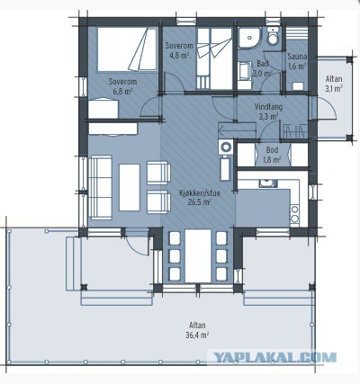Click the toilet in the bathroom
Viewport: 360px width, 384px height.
pyautogui.click(x=273, y=35)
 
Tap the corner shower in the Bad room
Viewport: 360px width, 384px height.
pyautogui.click(x=250, y=38)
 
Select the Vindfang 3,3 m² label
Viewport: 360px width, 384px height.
pyautogui.click(x=268, y=112)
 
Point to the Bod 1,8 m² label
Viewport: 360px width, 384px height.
pyautogui.click(x=272, y=155)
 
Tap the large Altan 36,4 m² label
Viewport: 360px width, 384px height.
pyautogui.click(x=197, y=330)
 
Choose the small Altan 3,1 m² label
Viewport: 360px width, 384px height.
pyautogui.click(x=334, y=84)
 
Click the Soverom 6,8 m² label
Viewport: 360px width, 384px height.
pyautogui.click(x=122, y=86)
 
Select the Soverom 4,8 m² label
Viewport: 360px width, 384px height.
pyautogui.click(x=179, y=50)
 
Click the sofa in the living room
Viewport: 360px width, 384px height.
pyautogui.click(x=100, y=187)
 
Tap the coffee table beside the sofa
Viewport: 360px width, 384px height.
pyautogui.click(x=130, y=187)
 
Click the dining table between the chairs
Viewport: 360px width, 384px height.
pyautogui.click(x=198, y=255)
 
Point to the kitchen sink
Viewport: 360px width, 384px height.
pyautogui.click(x=268, y=183)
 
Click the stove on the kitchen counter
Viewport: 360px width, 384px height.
pyautogui.click(x=295, y=215)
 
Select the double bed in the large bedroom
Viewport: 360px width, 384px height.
pyautogui.click(x=127, y=49)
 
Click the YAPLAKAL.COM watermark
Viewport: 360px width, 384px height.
pyautogui.click(x=274, y=358)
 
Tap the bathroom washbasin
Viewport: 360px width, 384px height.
pyautogui.click(x=246, y=71)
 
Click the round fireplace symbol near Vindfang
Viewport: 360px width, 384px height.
pyautogui.click(x=226, y=147)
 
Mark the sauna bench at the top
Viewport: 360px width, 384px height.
pyautogui.click(x=297, y=33)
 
